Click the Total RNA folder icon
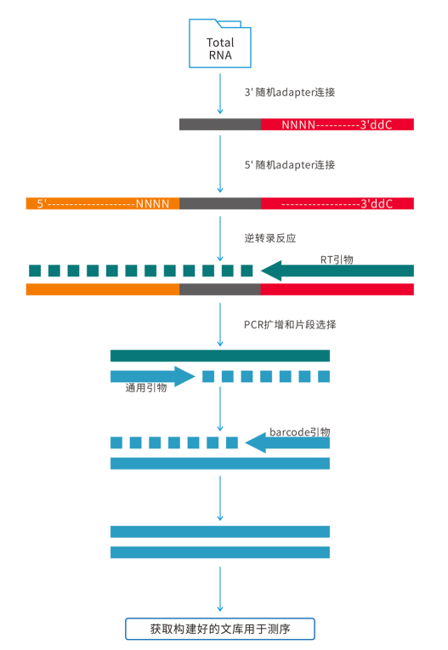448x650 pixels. click(x=220, y=43)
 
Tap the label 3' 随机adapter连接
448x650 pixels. click(x=289, y=92)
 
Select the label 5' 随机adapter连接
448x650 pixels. click(x=289, y=165)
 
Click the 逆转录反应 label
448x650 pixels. click(x=270, y=238)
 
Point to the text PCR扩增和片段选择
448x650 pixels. click(x=290, y=325)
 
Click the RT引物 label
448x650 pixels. click(x=337, y=259)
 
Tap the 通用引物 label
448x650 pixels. click(x=146, y=388)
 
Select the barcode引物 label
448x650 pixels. click(x=300, y=432)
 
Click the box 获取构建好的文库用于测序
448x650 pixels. click(x=220, y=629)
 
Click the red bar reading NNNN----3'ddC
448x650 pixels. click(x=337, y=124)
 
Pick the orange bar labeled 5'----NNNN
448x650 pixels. click(x=103, y=203)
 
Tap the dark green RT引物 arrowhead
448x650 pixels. click(x=272, y=271)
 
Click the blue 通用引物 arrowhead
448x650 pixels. click(x=184, y=376)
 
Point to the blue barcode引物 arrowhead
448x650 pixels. click(x=256, y=442)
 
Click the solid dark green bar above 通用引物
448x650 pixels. click(x=220, y=356)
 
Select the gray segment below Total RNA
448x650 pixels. click(x=220, y=124)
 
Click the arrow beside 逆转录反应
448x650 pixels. click(x=220, y=239)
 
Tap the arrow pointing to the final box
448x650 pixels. click(x=220, y=589)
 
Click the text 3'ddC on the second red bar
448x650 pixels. click(x=377, y=203)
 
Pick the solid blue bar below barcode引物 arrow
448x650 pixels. click(x=220, y=464)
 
